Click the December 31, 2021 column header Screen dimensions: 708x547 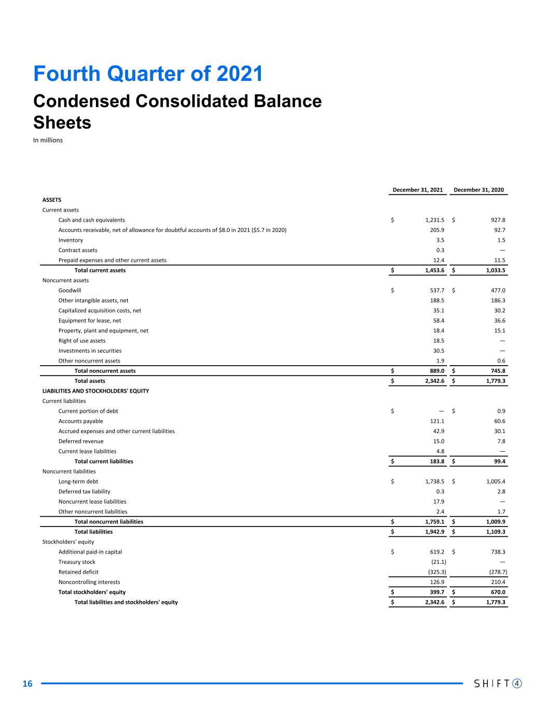click(x=417, y=190)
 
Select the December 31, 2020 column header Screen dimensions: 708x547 click(x=479, y=190)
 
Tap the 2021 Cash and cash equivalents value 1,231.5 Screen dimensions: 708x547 click(x=434, y=220)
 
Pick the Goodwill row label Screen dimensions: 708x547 click(x=69, y=290)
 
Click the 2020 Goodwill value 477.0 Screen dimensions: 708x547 click(x=497, y=290)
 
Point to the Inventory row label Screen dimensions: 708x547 click(x=71, y=240)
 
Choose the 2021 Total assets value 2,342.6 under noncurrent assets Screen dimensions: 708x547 click(x=432, y=381)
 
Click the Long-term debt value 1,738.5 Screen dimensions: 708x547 click(x=434, y=481)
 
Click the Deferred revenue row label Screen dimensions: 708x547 click(x=81, y=441)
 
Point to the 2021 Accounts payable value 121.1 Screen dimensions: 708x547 click(x=436, y=421)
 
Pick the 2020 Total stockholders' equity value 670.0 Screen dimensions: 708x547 click(x=497, y=592)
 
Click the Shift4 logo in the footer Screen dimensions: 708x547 click(x=498, y=684)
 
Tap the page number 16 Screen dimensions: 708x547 click(x=27, y=684)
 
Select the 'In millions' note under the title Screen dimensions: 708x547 click(x=48, y=140)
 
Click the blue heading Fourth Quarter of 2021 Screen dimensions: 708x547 click(x=148, y=74)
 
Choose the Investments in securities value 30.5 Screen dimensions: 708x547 click(x=438, y=351)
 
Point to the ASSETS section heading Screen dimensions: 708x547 click(x=52, y=200)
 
